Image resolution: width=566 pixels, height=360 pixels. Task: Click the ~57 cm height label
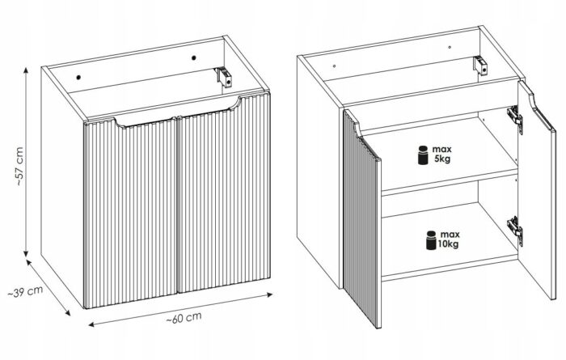point(19,166)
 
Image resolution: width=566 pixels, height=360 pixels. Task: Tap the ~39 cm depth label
point(26,291)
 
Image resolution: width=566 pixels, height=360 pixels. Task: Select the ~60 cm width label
point(184,318)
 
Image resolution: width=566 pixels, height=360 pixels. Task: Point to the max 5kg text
point(441,154)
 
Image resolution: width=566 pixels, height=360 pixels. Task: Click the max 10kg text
point(449,239)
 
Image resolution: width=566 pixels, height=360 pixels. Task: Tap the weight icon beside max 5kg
point(423,155)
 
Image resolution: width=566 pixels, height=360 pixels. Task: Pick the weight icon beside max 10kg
point(431,240)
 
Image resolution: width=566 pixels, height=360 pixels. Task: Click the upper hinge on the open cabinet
point(515,118)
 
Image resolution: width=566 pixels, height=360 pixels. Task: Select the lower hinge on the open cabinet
point(515,230)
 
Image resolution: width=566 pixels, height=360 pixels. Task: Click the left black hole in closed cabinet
point(78,77)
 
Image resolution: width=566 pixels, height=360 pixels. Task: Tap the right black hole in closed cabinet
point(194,57)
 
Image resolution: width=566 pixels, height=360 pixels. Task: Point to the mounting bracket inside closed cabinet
point(223,78)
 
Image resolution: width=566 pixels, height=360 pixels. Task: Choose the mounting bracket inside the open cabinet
point(480,66)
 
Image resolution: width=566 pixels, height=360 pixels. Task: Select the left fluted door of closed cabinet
point(130,213)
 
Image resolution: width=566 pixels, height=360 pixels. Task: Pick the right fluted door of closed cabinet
point(224,193)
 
